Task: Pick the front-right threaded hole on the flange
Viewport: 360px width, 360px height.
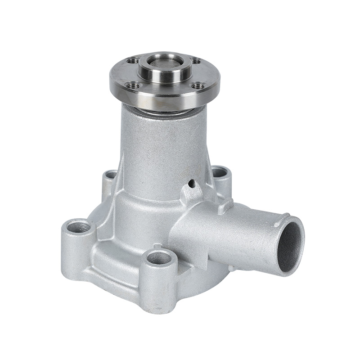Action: [197, 85]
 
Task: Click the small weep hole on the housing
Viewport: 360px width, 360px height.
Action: [192, 184]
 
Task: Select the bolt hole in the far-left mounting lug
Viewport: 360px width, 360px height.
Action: [78, 226]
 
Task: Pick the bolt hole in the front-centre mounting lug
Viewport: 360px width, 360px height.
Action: [160, 258]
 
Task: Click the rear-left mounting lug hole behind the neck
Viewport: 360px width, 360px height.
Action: [110, 175]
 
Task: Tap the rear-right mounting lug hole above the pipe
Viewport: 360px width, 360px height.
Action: [218, 171]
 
